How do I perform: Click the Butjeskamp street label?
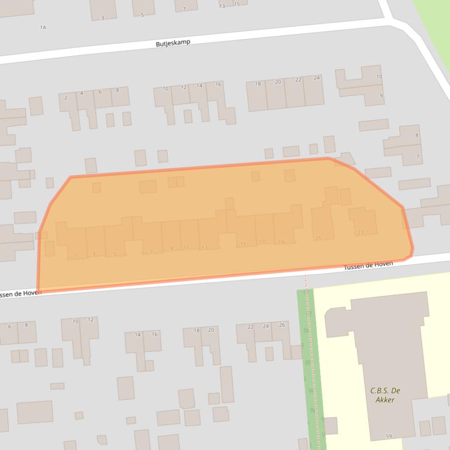[x=173, y=43]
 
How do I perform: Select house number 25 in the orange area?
[x=318, y=238]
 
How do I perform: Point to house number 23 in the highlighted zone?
[x=360, y=233]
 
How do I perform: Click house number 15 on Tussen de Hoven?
[x=243, y=244]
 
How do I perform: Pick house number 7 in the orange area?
[x=151, y=252]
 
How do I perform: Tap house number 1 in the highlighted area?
[x=76, y=256]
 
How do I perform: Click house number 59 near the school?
[x=389, y=437]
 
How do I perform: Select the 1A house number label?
[x=43, y=27]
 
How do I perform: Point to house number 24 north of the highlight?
[x=317, y=78]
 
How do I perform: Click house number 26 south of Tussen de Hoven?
[x=282, y=326]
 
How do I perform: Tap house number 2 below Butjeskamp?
[x=66, y=98]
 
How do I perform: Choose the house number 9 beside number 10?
[x=382, y=96]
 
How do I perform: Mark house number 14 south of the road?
[x=138, y=335]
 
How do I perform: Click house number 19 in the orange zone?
[x=281, y=242]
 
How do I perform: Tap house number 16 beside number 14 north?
[x=218, y=85]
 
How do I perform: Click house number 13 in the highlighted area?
[x=204, y=248]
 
